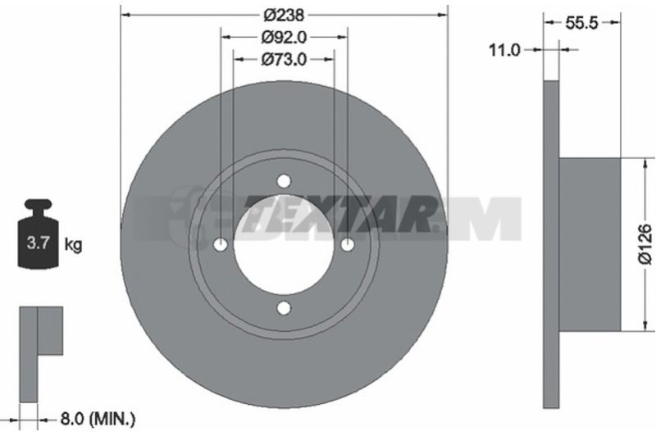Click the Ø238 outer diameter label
coord(284,16)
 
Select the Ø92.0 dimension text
coord(284,38)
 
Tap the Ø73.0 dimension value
coord(284,60)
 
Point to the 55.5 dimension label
coord(581,23)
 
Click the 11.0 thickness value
coord(504,51)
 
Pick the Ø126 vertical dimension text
coord(645,244)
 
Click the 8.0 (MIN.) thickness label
coord(98,419)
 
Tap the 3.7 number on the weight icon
coord(39,243)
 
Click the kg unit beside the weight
coord(73,245)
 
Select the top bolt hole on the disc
coord(284,181)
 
